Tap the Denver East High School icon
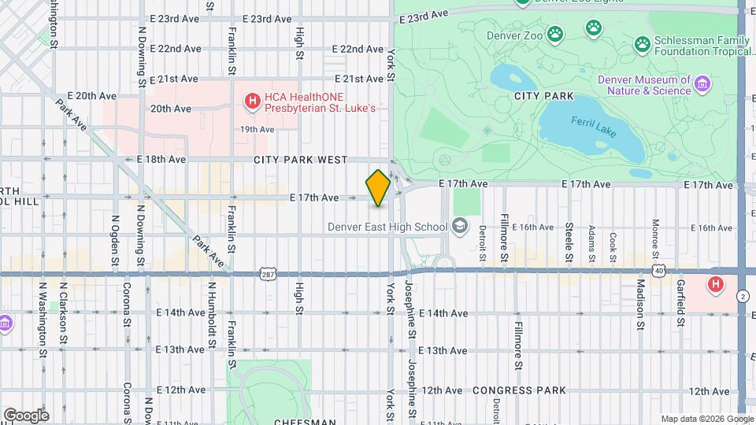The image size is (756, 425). pos(459,227)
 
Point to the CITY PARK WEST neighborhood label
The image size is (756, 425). pos(300,160)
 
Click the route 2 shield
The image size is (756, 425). pos(743,296)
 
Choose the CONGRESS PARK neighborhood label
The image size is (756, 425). pos(519,390)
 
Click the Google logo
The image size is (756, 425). pos(26,415)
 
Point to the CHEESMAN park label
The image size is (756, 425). pos(269,422)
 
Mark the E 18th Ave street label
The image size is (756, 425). pos(161,159)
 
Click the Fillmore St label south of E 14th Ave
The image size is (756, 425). pos(518,345)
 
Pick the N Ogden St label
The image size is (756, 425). pos(115,239)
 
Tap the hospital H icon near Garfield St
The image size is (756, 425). pos(716,284)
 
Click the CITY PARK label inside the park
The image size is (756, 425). pos(538,95)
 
